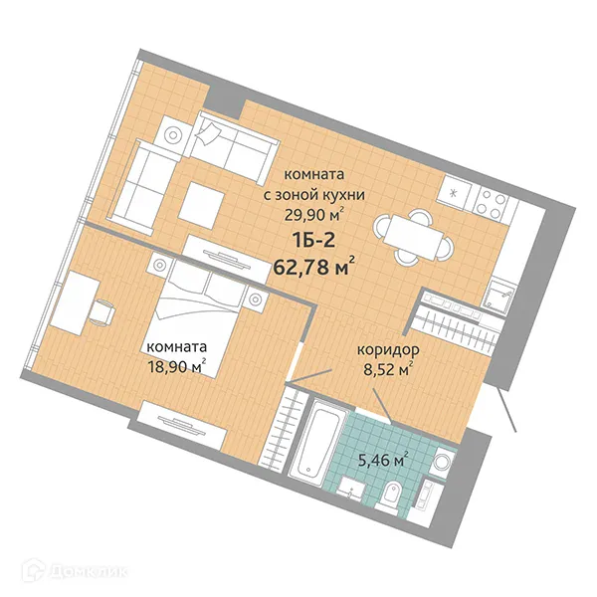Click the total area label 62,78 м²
(x=313, y=266)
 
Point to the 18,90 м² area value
(x=174, y=366)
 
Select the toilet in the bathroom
(x=393, y=495)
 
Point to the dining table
(x=410, y=234)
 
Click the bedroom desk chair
(x=100, y=311)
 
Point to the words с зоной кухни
(x=313, y=195)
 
